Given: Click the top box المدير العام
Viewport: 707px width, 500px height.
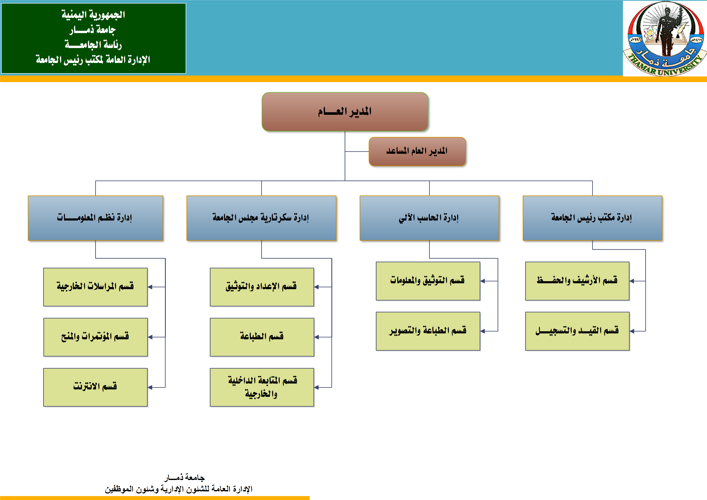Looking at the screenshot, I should [x=345, y=111].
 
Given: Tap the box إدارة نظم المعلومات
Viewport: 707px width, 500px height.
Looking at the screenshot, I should [x=95, y=218].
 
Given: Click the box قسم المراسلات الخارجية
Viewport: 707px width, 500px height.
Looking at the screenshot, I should [x=95, y=287].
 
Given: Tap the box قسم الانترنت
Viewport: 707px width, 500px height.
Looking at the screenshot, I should [x=95, y=387].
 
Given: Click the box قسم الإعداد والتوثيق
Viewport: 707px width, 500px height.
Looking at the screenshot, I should [x=262, y=287].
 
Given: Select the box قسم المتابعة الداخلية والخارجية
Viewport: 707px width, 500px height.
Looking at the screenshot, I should [x=262, y=387].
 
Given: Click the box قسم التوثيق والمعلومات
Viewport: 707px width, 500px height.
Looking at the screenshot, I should [x=428, y=281].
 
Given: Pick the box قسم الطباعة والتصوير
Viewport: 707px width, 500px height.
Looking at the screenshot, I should [x=428, y=331].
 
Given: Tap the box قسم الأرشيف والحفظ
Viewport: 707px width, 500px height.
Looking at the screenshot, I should [x=577, y=281].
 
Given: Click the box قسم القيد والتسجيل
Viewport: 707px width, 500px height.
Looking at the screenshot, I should [x=577, y=331].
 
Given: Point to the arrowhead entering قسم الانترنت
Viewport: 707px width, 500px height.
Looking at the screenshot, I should [x=150, y=387].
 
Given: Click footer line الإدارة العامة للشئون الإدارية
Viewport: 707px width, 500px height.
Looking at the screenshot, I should [x=179, y=489].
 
